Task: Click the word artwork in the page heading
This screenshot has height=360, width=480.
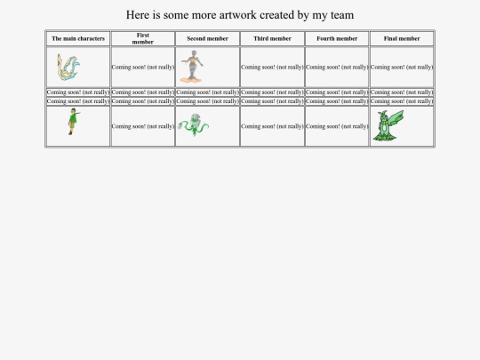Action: (x=237, y=15)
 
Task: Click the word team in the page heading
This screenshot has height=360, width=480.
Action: (x=342, y=15)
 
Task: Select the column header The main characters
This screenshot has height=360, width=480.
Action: (x=78, y=38)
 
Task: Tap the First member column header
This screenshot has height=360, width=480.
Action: (x=143, y=38)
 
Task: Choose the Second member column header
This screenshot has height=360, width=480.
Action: (x=207, y=38)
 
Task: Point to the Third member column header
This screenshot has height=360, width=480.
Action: (x=273, y=38)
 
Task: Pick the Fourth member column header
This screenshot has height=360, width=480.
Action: (x=337, y=38)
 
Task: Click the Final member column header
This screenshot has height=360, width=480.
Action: (x=402, y=38)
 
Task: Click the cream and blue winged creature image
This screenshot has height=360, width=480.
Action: (x=68, y=67)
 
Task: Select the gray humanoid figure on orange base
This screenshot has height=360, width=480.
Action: (x=192, y=67)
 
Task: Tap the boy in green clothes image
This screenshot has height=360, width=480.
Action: (x=73, y=122)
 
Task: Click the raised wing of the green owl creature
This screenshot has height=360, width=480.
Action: (x=396, y=121)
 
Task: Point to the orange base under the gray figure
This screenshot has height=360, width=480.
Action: (x=191, y=80)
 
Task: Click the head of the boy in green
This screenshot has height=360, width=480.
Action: (x=73, y=111)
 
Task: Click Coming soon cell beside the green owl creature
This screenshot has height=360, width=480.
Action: (x=337, y=126)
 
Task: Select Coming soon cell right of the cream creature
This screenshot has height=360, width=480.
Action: (x=143, y=67)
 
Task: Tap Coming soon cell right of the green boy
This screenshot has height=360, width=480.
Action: (x=143, y=126)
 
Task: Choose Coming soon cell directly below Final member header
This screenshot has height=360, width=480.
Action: (x=402, y=67)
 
